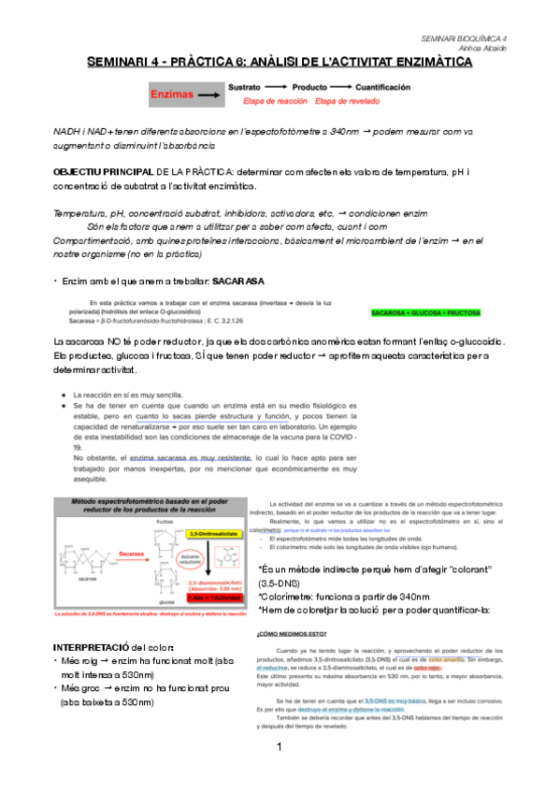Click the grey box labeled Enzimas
tap(178, 94)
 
